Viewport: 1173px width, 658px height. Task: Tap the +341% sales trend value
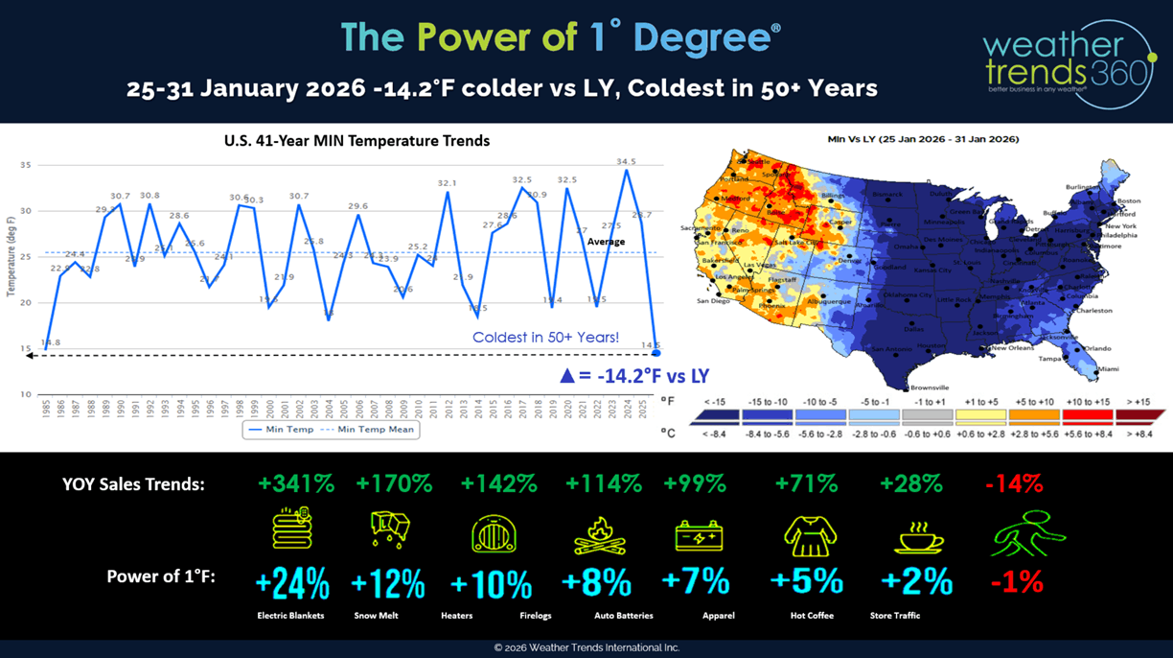tap(296, 484)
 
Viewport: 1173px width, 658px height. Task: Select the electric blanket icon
tap(291, 530)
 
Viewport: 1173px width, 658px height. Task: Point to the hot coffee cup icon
tap(918, 536)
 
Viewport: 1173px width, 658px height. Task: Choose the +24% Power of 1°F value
tap(292, 582)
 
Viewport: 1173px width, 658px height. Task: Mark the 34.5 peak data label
tap(626, 162)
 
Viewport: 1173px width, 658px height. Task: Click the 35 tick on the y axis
tap(26, 166)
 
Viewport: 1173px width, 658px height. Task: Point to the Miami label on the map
tap(1108, 369)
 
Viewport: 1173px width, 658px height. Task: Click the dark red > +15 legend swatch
tap(1138, 415)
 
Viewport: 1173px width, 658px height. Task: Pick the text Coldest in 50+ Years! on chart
tap(545, 338)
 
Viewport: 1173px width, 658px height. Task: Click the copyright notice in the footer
tap(586, 648)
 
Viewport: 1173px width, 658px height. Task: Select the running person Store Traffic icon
tap(1026, 534)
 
